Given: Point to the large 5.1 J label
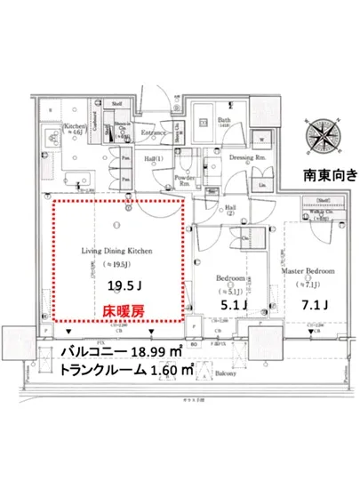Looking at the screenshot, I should click(x=234, y=305).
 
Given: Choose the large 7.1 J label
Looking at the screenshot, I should click(x=311, y=305).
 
